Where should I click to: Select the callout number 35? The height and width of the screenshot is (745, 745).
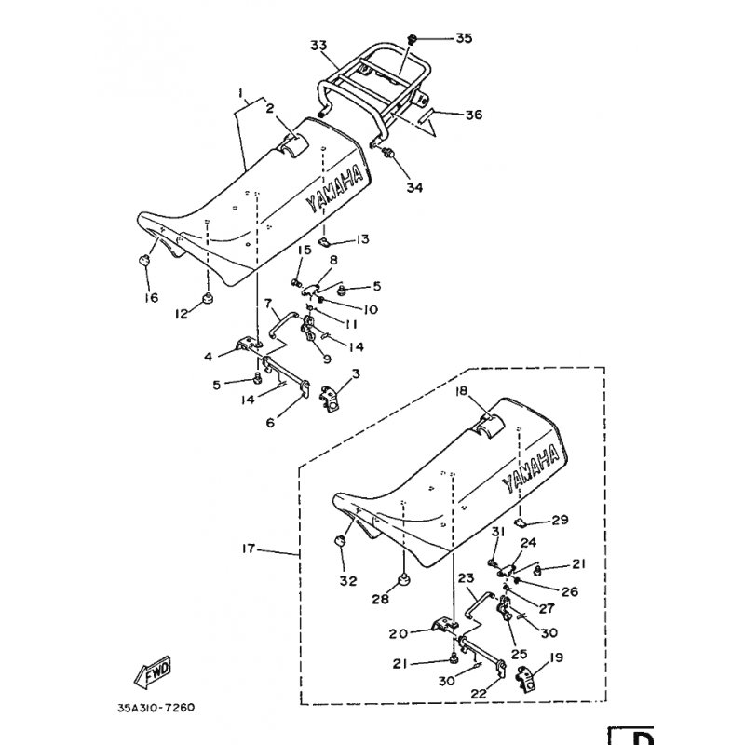tap(464, 38)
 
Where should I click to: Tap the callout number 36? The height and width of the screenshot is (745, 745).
tap(473, 115)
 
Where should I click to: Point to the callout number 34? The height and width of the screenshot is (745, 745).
tap(413, 187)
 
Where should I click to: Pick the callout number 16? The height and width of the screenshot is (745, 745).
tap(151, 298)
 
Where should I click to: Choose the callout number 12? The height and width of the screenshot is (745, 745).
tap(183, 314)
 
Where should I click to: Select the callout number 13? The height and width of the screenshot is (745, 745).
tap(361, 239)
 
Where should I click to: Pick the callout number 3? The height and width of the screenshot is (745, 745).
tap(356, 373)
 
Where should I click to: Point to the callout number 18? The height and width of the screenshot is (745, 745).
tap(460, 391)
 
